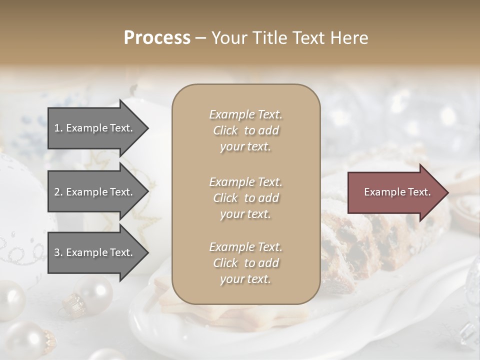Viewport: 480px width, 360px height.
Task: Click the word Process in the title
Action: pos(157,38)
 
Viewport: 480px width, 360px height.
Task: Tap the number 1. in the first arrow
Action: pos(58,128)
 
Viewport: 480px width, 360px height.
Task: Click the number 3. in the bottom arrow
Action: pos(58,252)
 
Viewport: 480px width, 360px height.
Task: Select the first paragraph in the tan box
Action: pos(245,130)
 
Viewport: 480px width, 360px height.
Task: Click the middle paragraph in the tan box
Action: pos(245,197)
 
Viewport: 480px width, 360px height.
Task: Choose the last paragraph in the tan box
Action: pos(245,263)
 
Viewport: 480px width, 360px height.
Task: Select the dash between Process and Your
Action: pos(200,38)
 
